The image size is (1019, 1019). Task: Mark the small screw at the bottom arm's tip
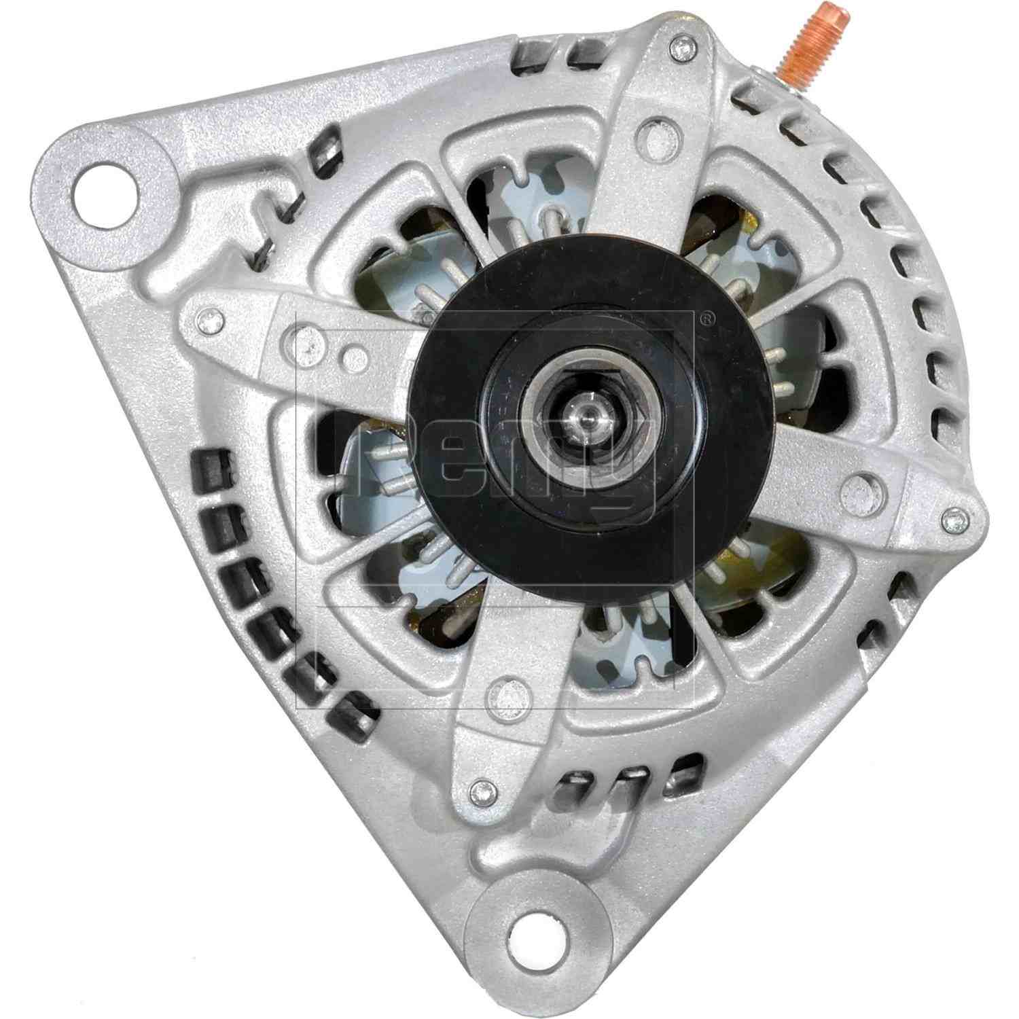(x=482, y=789)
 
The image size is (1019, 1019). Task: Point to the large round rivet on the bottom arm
(x=507, y=694)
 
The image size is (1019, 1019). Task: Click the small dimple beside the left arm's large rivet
(x=351, y=353)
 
